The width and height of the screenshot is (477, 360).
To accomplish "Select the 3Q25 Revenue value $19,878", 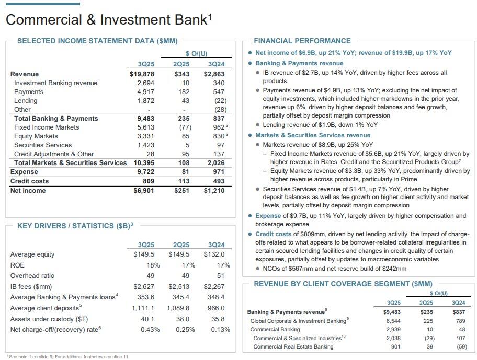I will tap(142, 74).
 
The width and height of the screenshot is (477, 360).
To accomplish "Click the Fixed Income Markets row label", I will tap(47, 127).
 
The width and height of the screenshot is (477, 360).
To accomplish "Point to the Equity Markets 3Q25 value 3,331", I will tap(145, 136).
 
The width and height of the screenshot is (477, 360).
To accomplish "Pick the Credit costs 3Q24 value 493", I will tap(218, 181).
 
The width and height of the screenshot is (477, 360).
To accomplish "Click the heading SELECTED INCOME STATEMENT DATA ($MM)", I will tap(97, 41).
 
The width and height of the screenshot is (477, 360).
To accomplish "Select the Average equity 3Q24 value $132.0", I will tap(215, 254).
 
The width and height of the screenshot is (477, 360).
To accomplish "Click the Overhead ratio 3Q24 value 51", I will tap(220, 276).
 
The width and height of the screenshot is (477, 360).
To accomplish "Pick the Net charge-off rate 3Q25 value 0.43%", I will tap(150, 330).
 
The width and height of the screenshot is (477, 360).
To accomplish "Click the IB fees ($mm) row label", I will tap(31, 286).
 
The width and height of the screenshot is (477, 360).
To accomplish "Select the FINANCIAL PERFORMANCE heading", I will tap(302, 41).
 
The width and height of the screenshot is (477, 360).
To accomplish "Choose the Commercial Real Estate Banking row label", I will tap(293, 346).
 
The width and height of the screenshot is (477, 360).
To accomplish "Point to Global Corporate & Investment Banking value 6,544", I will tap(393, 321).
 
